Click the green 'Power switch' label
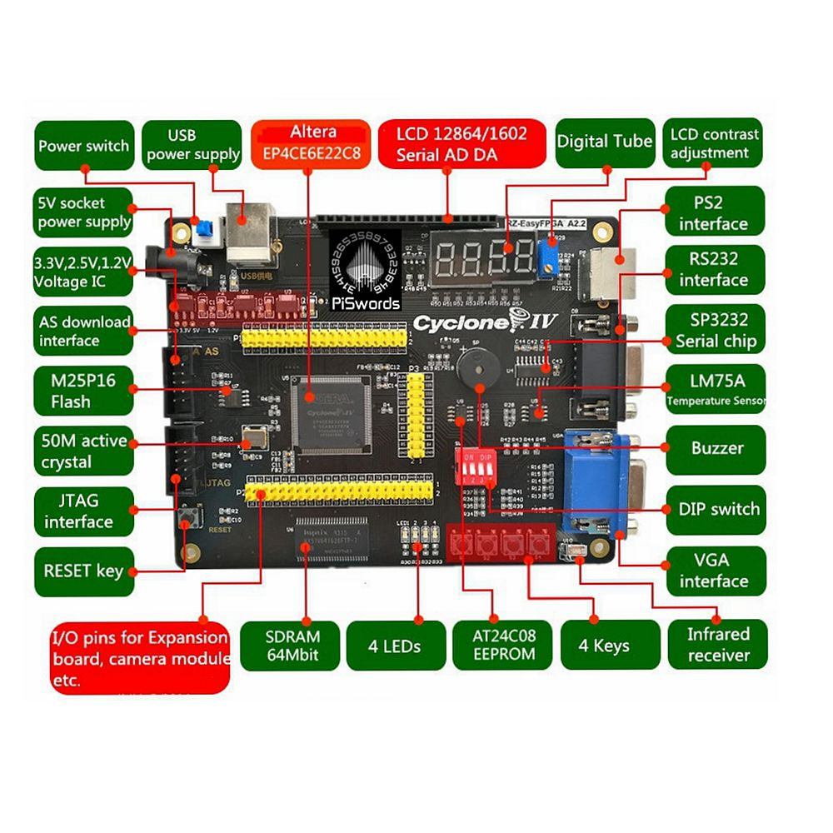tap(83, 146)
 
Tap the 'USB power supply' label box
tap(192, 145)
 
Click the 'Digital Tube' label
tap(604, 141)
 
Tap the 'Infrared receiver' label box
tap(718, 644)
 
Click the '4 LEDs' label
tap(394, 646)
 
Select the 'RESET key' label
tap(83, 571)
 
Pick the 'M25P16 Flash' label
tap(83, 392)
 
